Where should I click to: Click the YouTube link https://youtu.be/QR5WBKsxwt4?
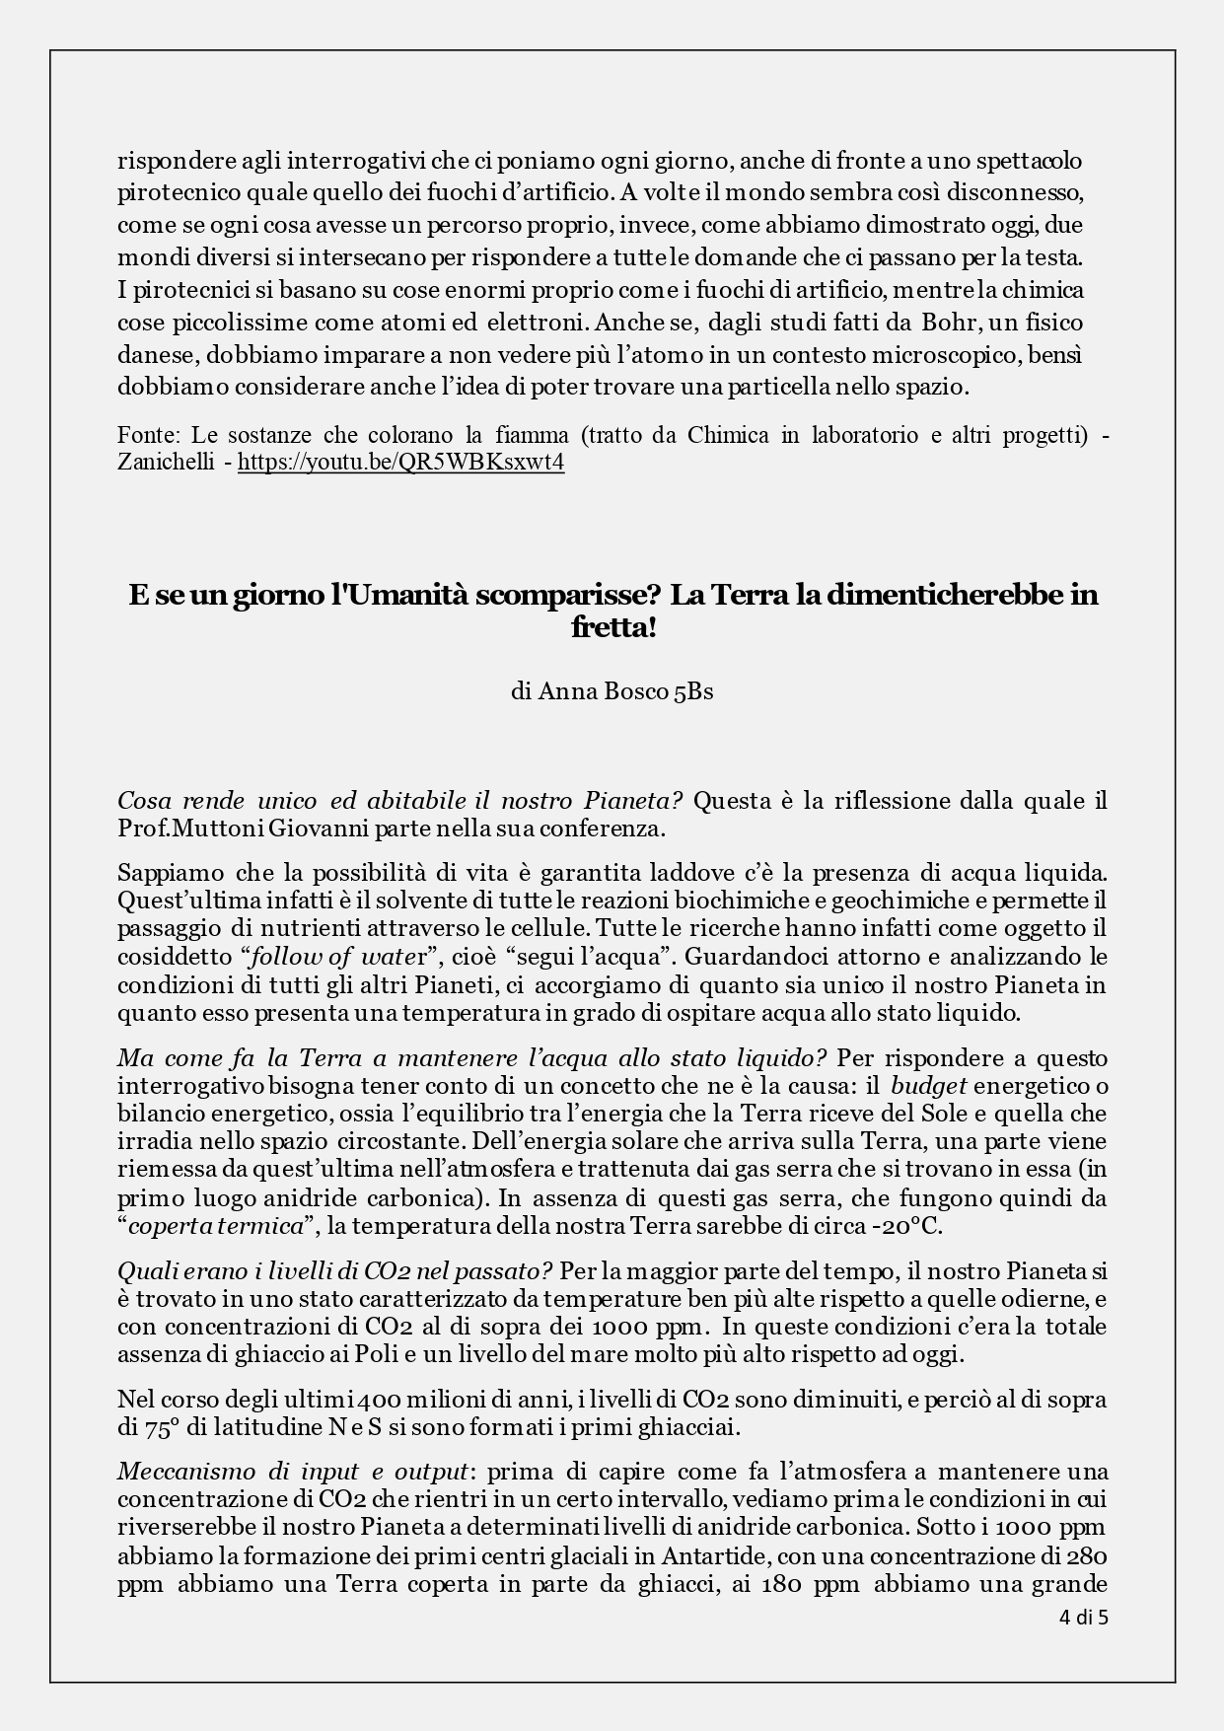400,463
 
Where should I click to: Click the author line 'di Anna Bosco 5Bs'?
612,691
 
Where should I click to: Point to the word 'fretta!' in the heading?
612,627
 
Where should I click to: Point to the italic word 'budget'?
929,1086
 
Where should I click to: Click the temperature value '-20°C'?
912,1227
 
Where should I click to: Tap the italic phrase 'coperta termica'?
215,1227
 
